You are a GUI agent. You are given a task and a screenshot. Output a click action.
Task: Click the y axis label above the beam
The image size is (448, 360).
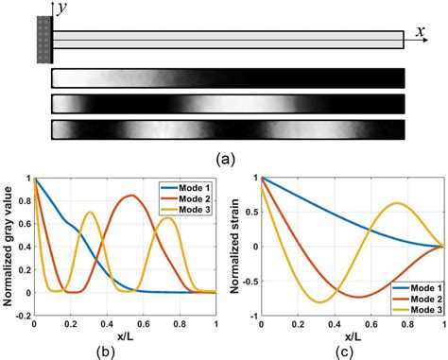(x=62, y=9)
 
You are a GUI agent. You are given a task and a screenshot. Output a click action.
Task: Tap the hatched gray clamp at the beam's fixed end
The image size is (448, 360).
(x=43, y=39)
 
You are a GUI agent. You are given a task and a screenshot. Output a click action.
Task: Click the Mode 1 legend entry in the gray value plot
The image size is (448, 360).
(x=182, y=185)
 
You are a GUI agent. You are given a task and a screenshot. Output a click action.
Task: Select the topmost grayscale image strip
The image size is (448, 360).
(x=228, y=78)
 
